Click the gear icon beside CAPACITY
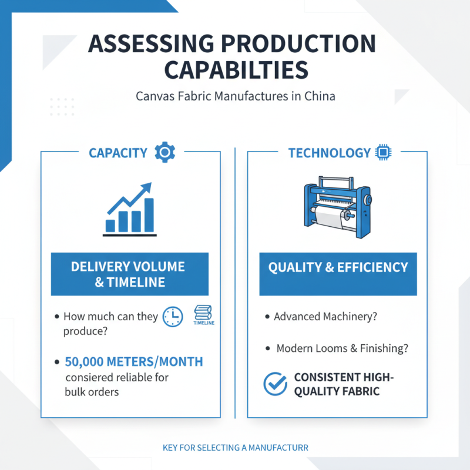165,152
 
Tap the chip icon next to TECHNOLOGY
383,152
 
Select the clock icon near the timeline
173,317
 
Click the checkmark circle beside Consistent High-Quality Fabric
275,384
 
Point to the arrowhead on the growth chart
146,188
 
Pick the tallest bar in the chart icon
149,215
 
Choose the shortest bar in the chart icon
110,226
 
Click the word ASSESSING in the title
151,44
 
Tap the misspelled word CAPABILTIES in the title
236,70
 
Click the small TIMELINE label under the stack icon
204,323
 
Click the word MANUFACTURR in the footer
278,448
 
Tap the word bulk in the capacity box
75,392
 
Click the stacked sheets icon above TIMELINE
203,313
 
